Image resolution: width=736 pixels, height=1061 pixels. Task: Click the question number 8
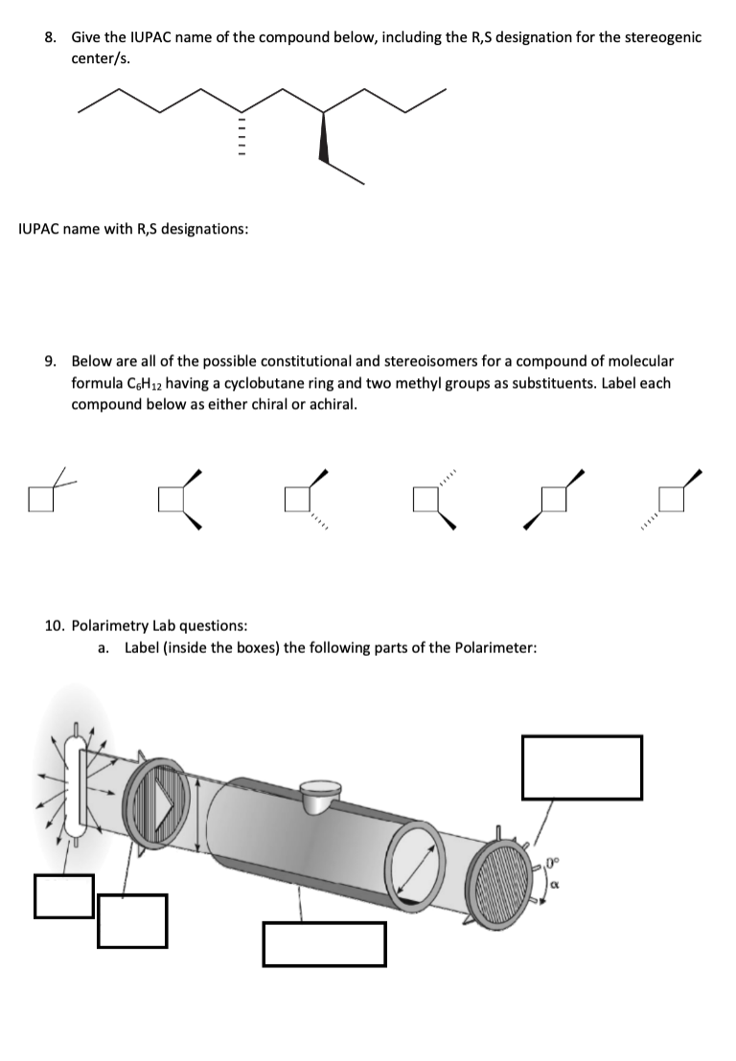51,37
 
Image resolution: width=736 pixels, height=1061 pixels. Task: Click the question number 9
51,362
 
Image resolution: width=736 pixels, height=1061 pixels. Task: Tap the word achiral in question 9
330,404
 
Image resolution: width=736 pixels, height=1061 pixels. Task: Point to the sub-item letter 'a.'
103,648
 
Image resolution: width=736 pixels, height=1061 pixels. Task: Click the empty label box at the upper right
581,766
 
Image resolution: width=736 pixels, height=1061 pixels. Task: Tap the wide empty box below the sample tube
324,943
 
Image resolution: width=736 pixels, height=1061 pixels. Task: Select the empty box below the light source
63,896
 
